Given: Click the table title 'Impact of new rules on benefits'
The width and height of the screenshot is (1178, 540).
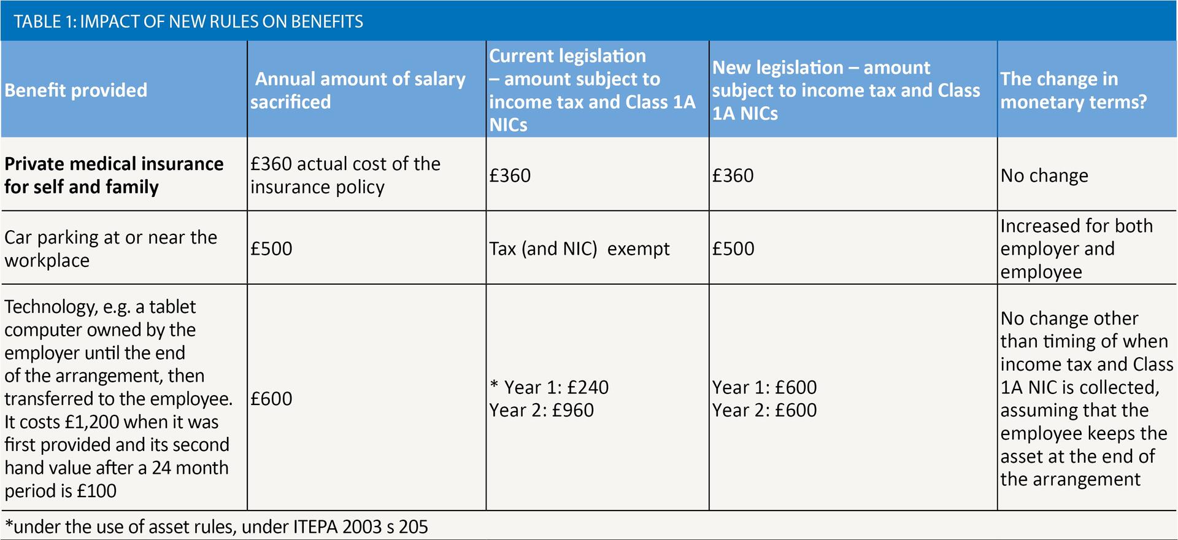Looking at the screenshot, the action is [188, 21].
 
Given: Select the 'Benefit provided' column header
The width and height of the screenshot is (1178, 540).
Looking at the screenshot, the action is [76, 90].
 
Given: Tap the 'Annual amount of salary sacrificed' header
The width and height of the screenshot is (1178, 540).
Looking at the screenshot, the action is [358, 90].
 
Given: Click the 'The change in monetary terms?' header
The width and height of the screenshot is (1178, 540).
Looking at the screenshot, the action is [1074, 90].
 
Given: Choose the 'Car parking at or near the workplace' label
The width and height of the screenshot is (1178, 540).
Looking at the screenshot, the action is [111, 249].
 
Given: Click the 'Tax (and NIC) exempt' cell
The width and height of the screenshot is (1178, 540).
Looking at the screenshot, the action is [579, 249].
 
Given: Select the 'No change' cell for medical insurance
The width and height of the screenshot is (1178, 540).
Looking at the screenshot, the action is [1044, 175].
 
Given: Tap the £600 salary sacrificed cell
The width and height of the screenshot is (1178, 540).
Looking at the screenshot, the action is [271, 399].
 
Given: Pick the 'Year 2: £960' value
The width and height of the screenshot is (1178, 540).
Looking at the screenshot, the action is [542, 411].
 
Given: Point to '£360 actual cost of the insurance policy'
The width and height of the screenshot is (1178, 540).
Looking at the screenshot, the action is [345, 175].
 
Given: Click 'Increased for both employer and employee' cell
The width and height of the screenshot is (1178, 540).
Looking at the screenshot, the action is [1077, 249].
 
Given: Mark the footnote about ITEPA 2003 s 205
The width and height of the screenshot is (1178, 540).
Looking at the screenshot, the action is [216, 526].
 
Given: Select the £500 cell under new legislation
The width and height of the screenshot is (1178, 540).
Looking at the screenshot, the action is [733, 249].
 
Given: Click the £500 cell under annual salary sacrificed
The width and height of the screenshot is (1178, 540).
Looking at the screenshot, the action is [271, 249].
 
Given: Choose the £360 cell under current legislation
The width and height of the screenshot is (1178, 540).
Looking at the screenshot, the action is [510, 175].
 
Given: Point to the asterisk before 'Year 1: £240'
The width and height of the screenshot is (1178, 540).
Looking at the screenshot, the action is [495, 385].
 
